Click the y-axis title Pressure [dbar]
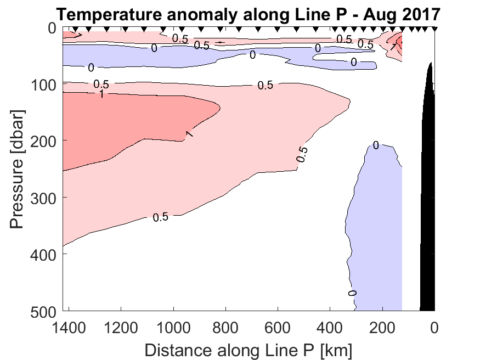(x=18, y=169)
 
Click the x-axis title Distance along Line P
(x=249, y=349)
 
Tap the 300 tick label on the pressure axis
(x=46, y=198)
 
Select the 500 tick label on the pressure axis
(x=46, y=311)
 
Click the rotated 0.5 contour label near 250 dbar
(x=302, y=154)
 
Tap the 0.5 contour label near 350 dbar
(x=160, y=217)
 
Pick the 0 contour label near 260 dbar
(x=376, y=145)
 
